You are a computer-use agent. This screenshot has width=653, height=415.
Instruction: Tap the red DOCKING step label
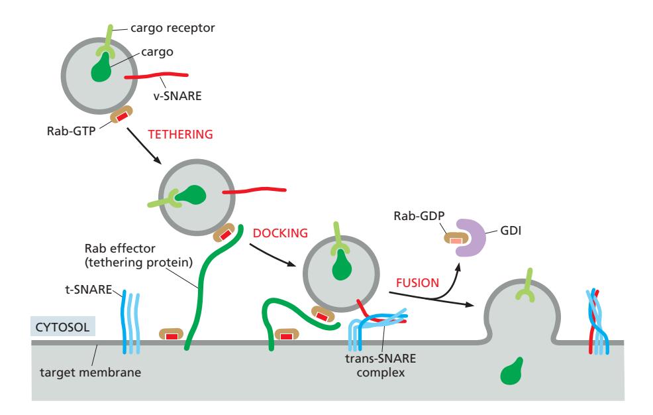tap(281, 233)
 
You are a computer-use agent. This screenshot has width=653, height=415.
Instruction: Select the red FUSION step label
tap(417, 282)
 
